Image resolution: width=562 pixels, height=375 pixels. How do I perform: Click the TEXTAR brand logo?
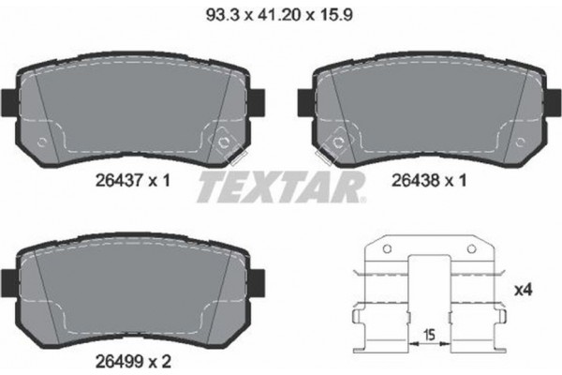[x=280, y=187]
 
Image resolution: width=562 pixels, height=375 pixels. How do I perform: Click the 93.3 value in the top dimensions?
[x=221, y=14]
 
